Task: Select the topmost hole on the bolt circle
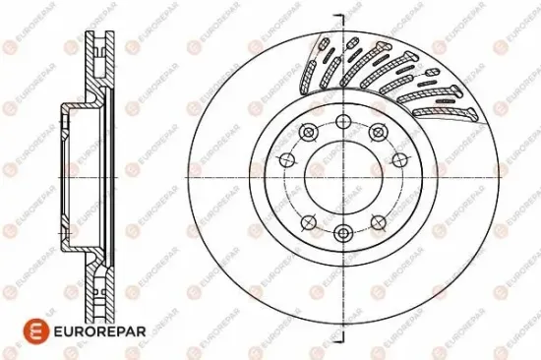point(342,122)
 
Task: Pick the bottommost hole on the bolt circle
point(342,233)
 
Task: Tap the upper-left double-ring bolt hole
point(309,133)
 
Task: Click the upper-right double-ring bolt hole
point(376,133)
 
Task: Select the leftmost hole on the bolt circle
point(286,160)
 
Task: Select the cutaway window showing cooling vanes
point(393,74)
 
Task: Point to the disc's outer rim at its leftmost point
point(184,178)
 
